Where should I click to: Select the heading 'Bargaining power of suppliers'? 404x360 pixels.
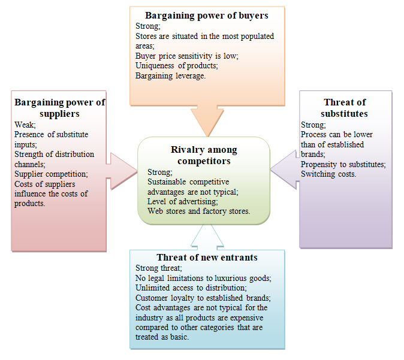point(59,108)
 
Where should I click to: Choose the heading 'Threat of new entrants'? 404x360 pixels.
point(207,258)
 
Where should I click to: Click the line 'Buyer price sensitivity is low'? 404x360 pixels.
point(186,55)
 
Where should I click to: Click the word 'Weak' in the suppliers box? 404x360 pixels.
point(25,125)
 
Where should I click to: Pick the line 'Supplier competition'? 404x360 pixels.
point(50,174)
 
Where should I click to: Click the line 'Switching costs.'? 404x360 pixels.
point(329,174)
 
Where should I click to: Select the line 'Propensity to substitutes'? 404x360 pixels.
point(343,164)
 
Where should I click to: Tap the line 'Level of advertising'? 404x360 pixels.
point(183,201)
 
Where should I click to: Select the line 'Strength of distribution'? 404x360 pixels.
point(54,154)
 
